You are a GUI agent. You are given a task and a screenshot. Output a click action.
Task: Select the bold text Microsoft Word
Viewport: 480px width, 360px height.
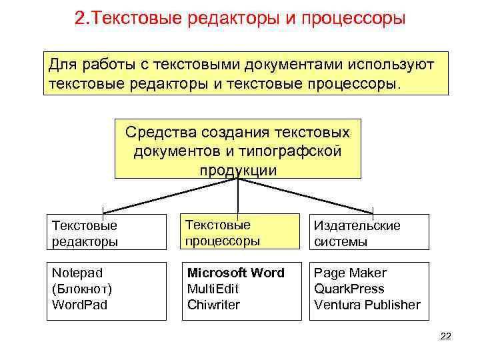(235, 273)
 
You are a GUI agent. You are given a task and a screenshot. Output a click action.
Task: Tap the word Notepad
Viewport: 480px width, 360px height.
(77, 273)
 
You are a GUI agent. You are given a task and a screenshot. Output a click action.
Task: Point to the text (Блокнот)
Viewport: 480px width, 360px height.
(81, 289)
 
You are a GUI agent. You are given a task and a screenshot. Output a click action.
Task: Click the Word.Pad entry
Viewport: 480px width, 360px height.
(79, 305)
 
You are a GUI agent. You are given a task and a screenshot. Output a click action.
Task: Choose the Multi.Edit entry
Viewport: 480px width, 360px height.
(213, 289)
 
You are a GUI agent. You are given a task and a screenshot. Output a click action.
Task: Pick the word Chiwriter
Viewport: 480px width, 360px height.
(213, 305)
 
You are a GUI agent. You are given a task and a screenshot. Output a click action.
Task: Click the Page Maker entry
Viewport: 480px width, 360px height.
(350, 273)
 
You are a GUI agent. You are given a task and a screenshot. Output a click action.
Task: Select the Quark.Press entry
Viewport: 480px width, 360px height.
(349, 289)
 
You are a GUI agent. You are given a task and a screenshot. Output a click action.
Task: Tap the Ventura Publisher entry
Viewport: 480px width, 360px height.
(367, 305)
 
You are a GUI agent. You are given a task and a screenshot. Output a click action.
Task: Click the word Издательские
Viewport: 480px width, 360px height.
(357, 225)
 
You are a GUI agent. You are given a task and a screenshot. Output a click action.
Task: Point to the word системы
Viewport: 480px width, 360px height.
(340, 241)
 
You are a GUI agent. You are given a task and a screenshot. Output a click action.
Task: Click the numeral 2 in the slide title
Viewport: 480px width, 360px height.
(81, 17)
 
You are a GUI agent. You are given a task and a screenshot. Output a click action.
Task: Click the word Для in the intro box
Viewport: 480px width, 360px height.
(63, 66)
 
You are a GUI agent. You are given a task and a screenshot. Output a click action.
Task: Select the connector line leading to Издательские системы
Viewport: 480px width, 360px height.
(307, 197)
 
